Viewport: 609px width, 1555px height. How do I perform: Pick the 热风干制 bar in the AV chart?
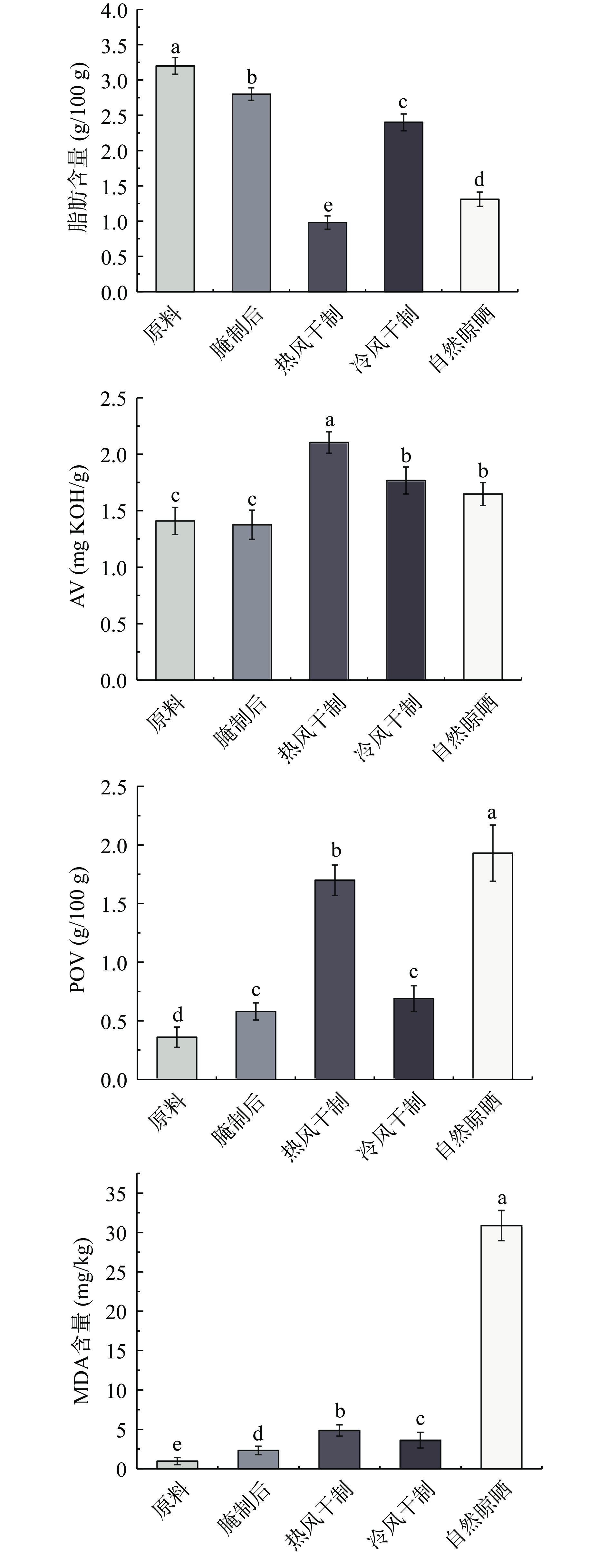point(329,561)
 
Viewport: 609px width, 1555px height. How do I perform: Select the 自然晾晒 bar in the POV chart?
point(492,966)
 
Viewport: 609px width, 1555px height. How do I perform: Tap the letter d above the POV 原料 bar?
point(177,1015)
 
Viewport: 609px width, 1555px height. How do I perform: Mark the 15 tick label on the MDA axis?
point(117,1352)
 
